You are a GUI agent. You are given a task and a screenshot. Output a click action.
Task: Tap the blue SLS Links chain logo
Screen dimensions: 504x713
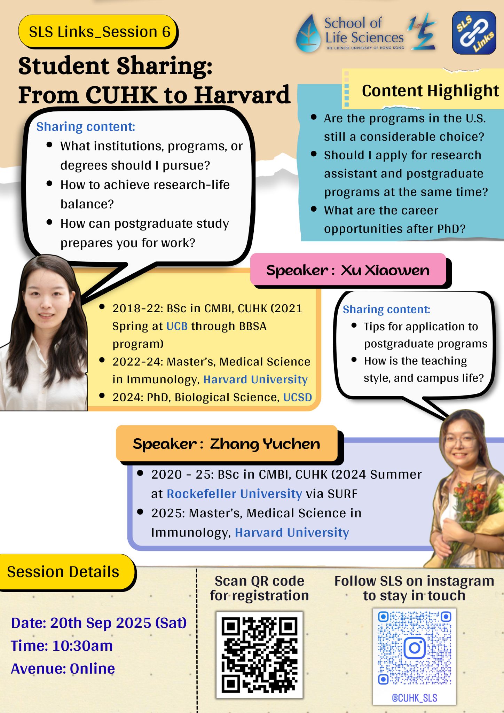click(x=474, y=32)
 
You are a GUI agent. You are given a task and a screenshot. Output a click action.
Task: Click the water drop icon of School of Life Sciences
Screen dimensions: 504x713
click(x=308, y=33)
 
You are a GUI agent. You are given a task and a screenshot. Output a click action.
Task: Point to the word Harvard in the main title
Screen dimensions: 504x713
click(x=242, y=95)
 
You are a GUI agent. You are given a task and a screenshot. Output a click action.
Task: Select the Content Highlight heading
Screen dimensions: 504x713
click(x=430, y=91)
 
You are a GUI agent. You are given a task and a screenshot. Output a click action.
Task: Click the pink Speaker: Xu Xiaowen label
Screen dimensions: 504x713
click(x=348, y=270)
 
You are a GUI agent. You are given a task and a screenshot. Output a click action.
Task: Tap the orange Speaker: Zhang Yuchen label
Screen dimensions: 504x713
click(x=227, y=444)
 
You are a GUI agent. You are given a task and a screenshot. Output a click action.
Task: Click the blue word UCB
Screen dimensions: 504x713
click(x=177, y=326)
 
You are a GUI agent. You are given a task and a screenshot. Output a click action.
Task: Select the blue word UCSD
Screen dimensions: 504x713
click(x=297, y=397)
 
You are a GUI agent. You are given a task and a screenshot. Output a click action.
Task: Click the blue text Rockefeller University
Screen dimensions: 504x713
click(x=234, y=494)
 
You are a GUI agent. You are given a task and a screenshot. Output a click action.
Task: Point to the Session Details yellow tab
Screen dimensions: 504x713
click(x=66, y=572)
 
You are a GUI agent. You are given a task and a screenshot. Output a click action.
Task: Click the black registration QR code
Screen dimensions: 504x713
click(x=259, y=655)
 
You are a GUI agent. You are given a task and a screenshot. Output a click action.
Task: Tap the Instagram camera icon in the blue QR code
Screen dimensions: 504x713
click(x=414, y=648)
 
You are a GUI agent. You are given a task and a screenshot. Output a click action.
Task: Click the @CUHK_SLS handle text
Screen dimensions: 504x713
click(x=414, y=698)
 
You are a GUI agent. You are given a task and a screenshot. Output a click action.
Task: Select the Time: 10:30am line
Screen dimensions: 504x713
click(x=62, y=646)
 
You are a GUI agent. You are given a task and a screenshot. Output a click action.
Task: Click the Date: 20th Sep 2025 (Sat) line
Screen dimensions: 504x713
click(x=99, y=623)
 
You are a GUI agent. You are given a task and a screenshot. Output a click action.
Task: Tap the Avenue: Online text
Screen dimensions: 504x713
click(x=63, y=669)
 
